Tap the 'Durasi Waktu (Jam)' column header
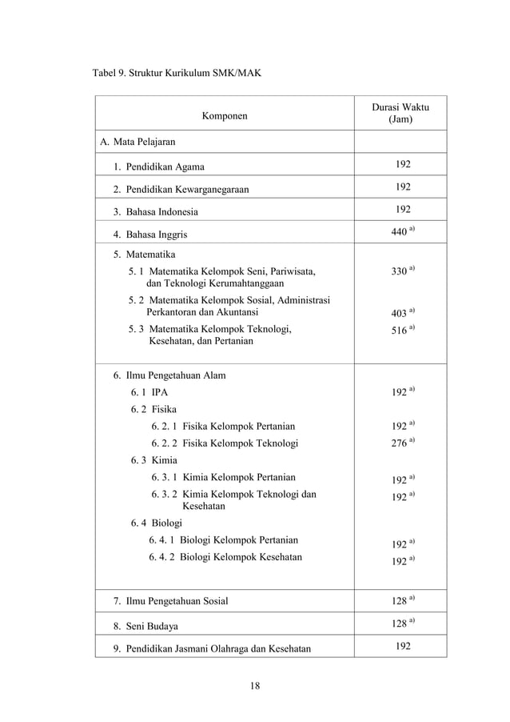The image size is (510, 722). pyautogui.click(x=400, y=113)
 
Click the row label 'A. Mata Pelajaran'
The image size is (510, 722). pyautogui.click(x=137, y=142)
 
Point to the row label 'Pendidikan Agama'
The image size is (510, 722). pyautogui.click(x=158, y=166)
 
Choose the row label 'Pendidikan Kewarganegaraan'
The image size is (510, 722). pyautogui.click(x=180, y=190)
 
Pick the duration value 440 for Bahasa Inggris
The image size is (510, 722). pyautogui.click(x=399, y=235)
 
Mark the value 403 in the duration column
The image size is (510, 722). pyautogui.click(x=399, y=312)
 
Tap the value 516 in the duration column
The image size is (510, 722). pyautogui.click(x=399, y=330)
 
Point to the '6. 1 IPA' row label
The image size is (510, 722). pyautogui.click(x=149, y=393)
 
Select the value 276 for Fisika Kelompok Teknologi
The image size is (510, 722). pyautogui.click(x=399, y=443)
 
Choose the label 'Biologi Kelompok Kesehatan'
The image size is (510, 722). pyautogui.click(x=225, y=556)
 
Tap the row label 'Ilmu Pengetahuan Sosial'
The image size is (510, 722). pyautogui.click(x=170, y=600)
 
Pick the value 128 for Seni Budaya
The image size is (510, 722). pyautogui.click(x=399, y=624)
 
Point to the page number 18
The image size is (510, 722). pyautogui.click(x=255, y=685)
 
